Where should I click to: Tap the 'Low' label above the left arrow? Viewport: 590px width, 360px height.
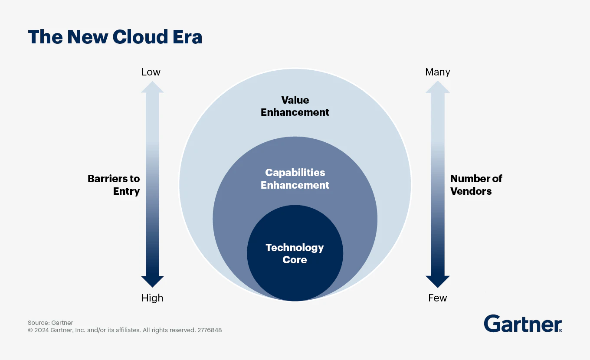[151, 72]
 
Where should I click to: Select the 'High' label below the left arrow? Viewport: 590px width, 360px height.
[152, 298]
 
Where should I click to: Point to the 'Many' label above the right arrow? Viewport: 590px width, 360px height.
[438, 72]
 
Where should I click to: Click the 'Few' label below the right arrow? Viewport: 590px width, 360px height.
[437, 298]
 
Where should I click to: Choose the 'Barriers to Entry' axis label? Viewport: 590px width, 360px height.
[114, 185]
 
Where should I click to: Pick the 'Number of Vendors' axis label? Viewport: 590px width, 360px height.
[476, 185]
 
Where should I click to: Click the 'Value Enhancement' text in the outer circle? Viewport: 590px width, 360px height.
[295, 106]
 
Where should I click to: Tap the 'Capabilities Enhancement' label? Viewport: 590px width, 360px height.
[295, 179]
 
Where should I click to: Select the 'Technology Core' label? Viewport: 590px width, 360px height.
[295, 254]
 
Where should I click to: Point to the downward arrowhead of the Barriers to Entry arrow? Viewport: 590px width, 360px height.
[152, 281]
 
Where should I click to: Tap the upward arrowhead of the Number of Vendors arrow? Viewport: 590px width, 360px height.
[437, 87]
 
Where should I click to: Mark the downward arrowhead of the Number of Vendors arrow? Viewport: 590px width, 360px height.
[437, 281]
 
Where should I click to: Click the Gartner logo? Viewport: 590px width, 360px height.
[523, 324]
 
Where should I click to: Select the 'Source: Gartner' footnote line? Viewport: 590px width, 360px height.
[50, 323]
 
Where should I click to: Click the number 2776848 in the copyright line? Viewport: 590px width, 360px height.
[210, 330]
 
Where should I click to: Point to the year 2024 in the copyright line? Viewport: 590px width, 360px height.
[42, 330]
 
